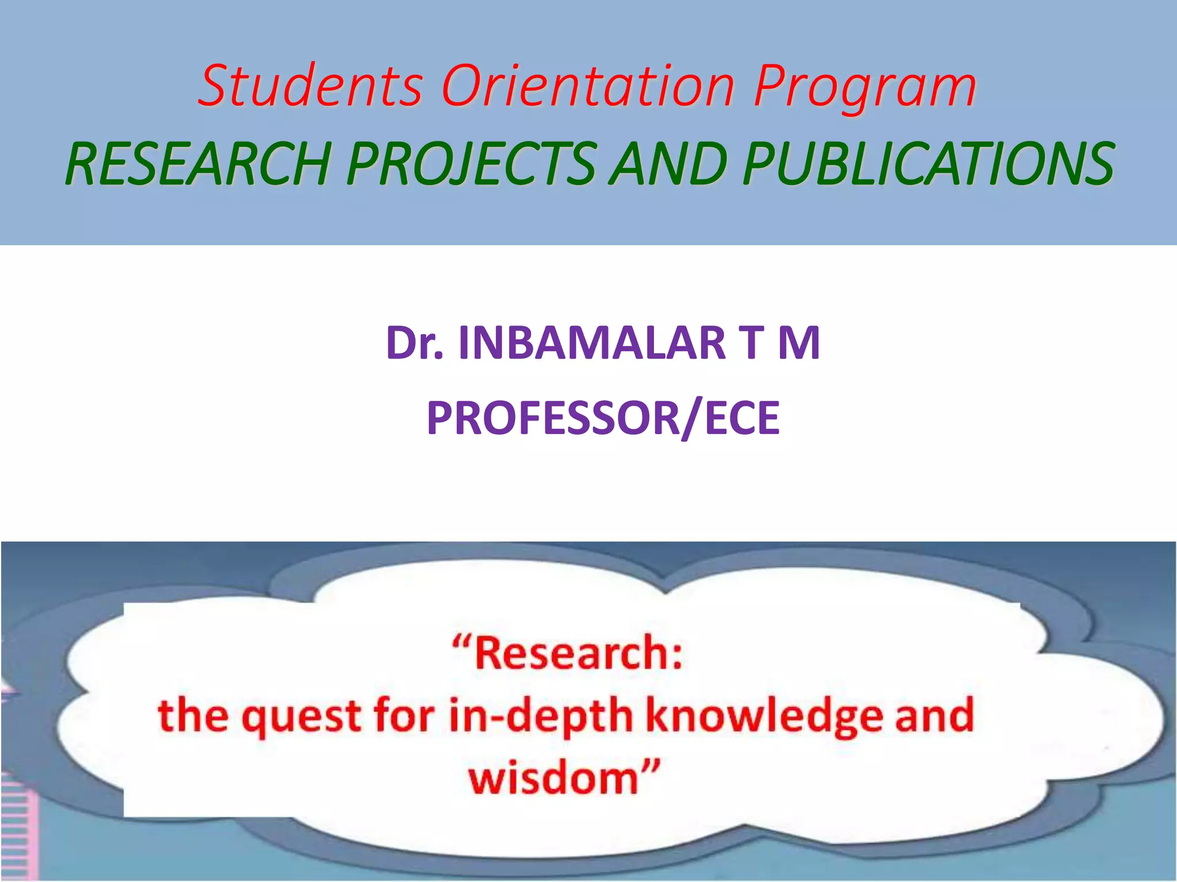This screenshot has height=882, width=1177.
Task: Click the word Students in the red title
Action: pos(310,86)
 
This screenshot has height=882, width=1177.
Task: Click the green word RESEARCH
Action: pos(198,165)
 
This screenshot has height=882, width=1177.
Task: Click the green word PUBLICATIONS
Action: pos(928,165)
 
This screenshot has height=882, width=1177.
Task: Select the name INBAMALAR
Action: pos(592,343)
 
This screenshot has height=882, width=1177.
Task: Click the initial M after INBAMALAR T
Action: pos(799,343)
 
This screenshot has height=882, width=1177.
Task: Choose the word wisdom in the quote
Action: pos(555,779)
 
